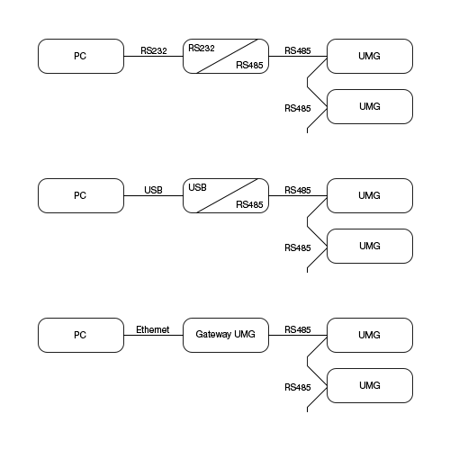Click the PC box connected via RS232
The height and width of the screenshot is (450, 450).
[x=81, y=56]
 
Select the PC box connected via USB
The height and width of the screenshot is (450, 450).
[x=81, y=195]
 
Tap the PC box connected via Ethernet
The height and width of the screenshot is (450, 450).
[x=81, y=335]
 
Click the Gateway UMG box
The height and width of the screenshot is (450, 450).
[x=225, y=335]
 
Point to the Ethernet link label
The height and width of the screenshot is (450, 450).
[x=153, y=329]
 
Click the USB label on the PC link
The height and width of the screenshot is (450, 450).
[x=153, y=190]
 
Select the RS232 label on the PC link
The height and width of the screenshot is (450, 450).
[x=154, y=50]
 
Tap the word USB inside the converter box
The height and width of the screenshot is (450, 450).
[x=198, y=187]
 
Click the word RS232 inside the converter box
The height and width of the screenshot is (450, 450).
[x=202, y=47]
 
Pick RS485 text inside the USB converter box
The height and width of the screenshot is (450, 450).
[x=249, y=204]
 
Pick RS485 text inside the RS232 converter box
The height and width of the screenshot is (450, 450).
[x=249, y=65]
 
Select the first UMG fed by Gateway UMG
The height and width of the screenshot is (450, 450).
[x=370, y=335]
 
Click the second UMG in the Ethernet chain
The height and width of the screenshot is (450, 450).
[x=370, y=385]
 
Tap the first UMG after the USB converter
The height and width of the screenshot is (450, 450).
[x=370, y=195]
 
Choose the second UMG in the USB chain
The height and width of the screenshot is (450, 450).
[x=370, y=246]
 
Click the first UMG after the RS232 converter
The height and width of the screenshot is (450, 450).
[x=370, y=56]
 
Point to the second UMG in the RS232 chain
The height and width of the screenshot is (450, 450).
[x=370, y=106]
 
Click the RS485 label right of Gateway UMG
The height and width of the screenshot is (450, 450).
[x=297, y=329]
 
